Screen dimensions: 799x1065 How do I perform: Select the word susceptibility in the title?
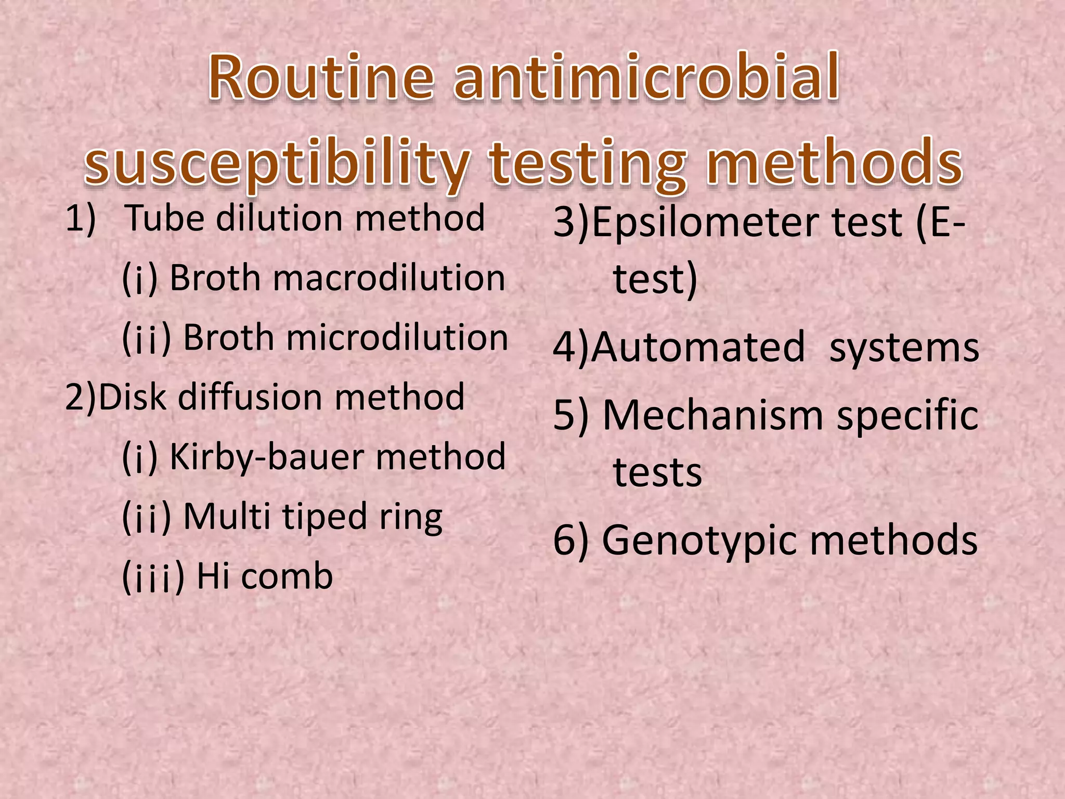(278, 162)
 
